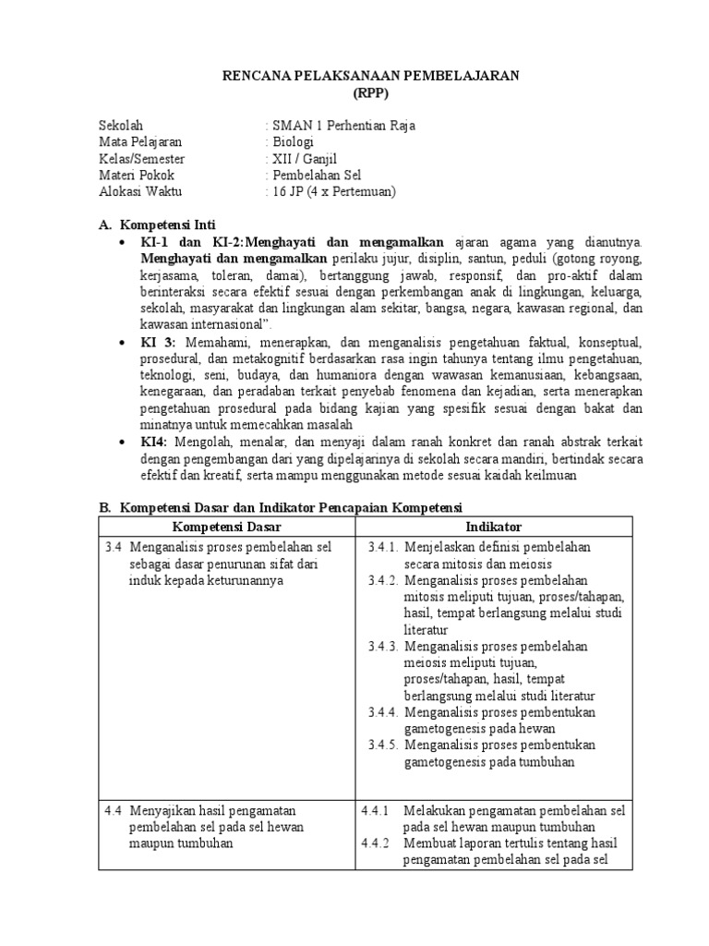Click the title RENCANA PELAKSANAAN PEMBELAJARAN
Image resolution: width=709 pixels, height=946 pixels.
(x=372, y=76)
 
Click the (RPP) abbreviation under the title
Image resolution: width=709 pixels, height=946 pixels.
(x=372, y=92)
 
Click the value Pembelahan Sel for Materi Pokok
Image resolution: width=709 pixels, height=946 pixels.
(x=316, y=176)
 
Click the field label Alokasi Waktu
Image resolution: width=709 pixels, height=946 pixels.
(x=140, y=192)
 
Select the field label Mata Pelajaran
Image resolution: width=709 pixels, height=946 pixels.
(x=140, y=142)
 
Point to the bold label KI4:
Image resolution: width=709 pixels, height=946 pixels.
(x=155, y=442)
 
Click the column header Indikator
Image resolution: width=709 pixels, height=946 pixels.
(x=494, y=526)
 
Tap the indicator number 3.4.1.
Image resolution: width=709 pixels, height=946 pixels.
(x=381, y=547)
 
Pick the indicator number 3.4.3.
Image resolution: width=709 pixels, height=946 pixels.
(x=381, y=647)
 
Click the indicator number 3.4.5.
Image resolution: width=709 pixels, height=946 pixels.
(x=381, y=746)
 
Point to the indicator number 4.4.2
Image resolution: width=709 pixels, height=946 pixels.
(x=377, y=843)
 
